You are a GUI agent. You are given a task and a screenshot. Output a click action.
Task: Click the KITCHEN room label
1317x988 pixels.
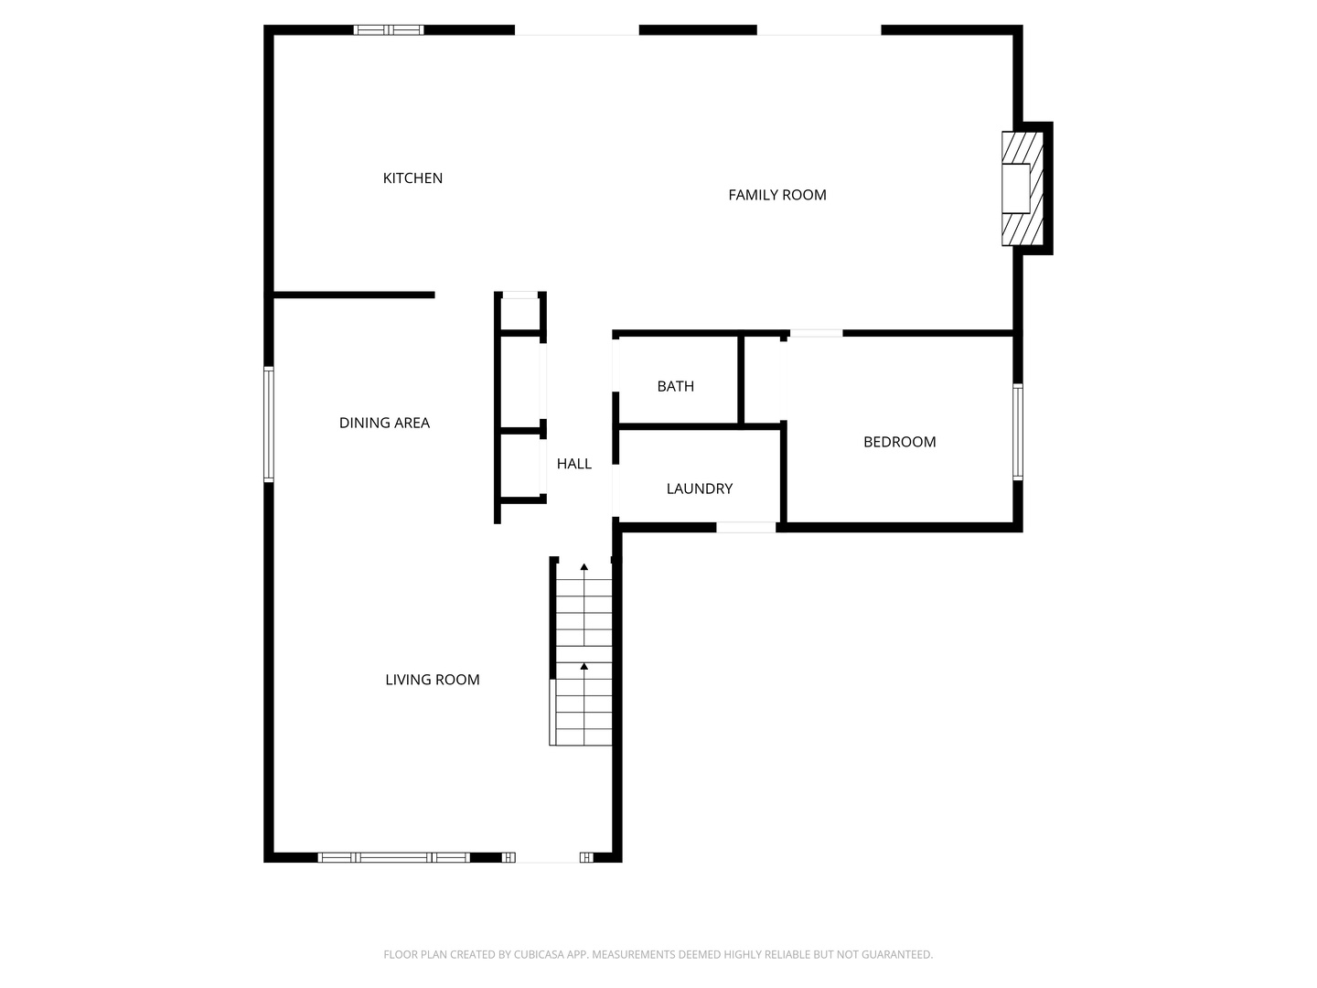412,178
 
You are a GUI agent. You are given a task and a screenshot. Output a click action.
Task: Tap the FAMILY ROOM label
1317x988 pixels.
776,195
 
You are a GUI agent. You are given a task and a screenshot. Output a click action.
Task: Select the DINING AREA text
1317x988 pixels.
384,423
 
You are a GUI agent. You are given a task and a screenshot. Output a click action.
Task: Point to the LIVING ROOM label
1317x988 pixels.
432,680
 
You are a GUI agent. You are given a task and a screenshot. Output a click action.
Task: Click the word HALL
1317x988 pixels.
573,464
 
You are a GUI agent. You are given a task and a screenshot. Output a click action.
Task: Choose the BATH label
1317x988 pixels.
675,386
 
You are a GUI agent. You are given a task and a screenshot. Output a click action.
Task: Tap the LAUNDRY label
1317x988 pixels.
699,489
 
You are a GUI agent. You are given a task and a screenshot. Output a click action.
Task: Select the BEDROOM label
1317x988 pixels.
899,442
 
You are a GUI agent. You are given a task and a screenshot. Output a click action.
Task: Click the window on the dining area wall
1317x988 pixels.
269,424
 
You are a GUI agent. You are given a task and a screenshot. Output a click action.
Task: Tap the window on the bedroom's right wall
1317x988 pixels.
1017,432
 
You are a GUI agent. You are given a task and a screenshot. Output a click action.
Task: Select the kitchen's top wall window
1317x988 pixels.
389,30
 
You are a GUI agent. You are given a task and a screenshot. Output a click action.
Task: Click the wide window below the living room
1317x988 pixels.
393,857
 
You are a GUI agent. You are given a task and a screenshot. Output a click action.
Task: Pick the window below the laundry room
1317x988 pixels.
745,527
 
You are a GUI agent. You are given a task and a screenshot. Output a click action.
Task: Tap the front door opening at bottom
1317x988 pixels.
548,857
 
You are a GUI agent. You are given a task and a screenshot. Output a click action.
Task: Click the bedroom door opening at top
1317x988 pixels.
815,334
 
